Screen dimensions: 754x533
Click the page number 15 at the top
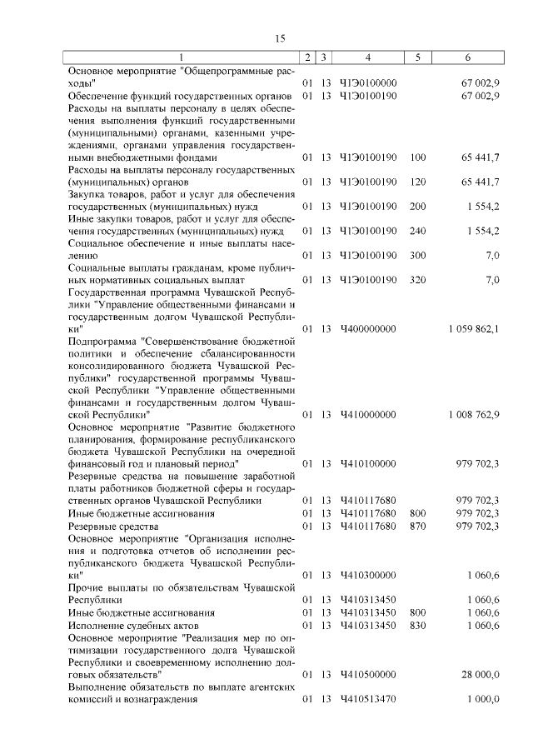(280, 38)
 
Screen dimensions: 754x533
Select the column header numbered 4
(367, 57)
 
